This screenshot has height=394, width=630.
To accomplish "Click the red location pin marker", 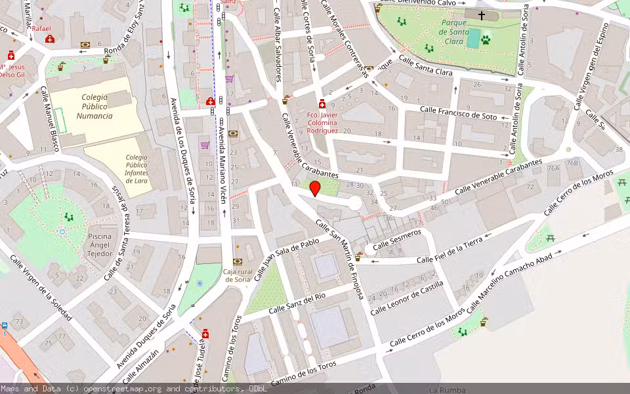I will (315, 189).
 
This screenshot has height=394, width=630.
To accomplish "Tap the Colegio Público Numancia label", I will (94, 106).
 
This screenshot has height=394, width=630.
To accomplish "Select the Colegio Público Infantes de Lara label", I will (136, 169).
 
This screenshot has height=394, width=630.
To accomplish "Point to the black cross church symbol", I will (482, 15).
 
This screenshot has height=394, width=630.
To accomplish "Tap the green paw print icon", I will (486, 40).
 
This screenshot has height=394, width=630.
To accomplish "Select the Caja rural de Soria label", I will (238, 275).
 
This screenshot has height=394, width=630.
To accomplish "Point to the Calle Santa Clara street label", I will (425, 67).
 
